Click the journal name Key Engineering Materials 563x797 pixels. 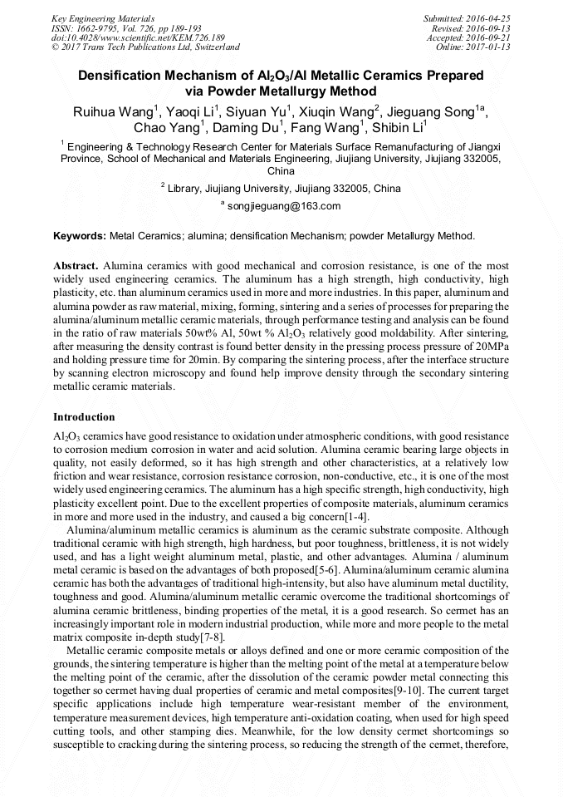coord(102,17)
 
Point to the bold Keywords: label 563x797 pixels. coord(80,236)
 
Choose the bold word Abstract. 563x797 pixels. coord(76,266)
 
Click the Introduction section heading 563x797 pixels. coord(84,416)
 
